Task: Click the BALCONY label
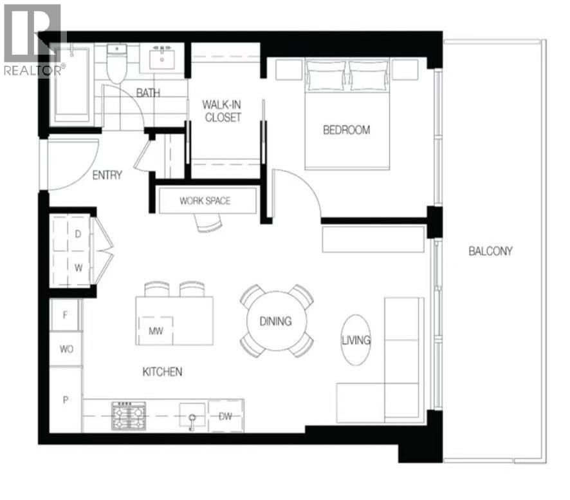click(x=490, y=251)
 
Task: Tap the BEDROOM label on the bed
click(x=346, y=130)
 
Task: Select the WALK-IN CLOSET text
click(x=221, y=111)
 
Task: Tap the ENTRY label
click(x=107, y=175)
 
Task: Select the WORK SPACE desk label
click(x=205, y=201)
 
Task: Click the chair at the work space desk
click(x=208, y=222)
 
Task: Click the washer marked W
click(x=78, y=265)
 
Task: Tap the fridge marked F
click(x=65, y=316)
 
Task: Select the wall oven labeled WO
click(x=66, y=349)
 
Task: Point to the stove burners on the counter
click(x=129, y=416)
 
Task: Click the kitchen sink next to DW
click(x=192, y=416)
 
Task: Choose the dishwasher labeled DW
click(x=226, y=416)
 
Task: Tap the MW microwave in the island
click(x=154, y=331)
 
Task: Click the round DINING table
click(x=276, y=321)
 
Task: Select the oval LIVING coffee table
click(x=356, y=340)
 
